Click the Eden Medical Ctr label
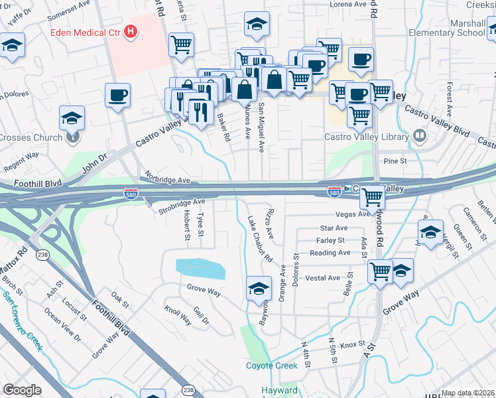point(86,31)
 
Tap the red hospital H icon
point(131,31)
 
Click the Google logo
point(22,390)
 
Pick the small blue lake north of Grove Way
point(200,269)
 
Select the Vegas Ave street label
point(353,214)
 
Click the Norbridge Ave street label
point(165,180)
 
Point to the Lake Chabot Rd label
point(260,239)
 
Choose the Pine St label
point(394,161)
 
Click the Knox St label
point(352,345)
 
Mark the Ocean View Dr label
point(64,324)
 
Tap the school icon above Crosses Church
point(72,117)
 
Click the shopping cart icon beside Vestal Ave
point(380,270)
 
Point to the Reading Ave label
point(330,253)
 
